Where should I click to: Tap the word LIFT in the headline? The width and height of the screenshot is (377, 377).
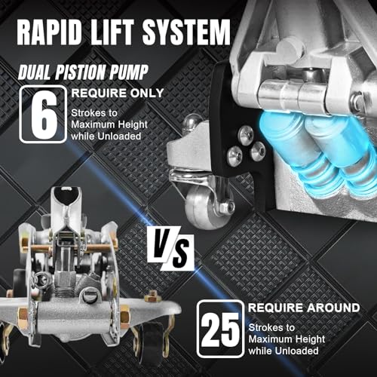click(112, 32)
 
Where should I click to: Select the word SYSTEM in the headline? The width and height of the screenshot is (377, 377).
click(186, 32)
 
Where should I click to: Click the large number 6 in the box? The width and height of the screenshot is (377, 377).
click(44, 115)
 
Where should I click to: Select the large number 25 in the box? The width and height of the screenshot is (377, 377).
click(220, 330)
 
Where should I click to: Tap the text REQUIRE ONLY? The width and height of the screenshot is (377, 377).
click(118, 93)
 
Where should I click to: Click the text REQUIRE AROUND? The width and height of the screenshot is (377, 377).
click(304, 308)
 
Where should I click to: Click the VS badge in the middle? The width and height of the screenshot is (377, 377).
click(171, 248)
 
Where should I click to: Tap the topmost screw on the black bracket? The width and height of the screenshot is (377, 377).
click(246, 136)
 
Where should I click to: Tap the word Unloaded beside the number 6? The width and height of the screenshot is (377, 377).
click(119, 136)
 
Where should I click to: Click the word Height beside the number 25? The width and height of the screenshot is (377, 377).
click(310, 339)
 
